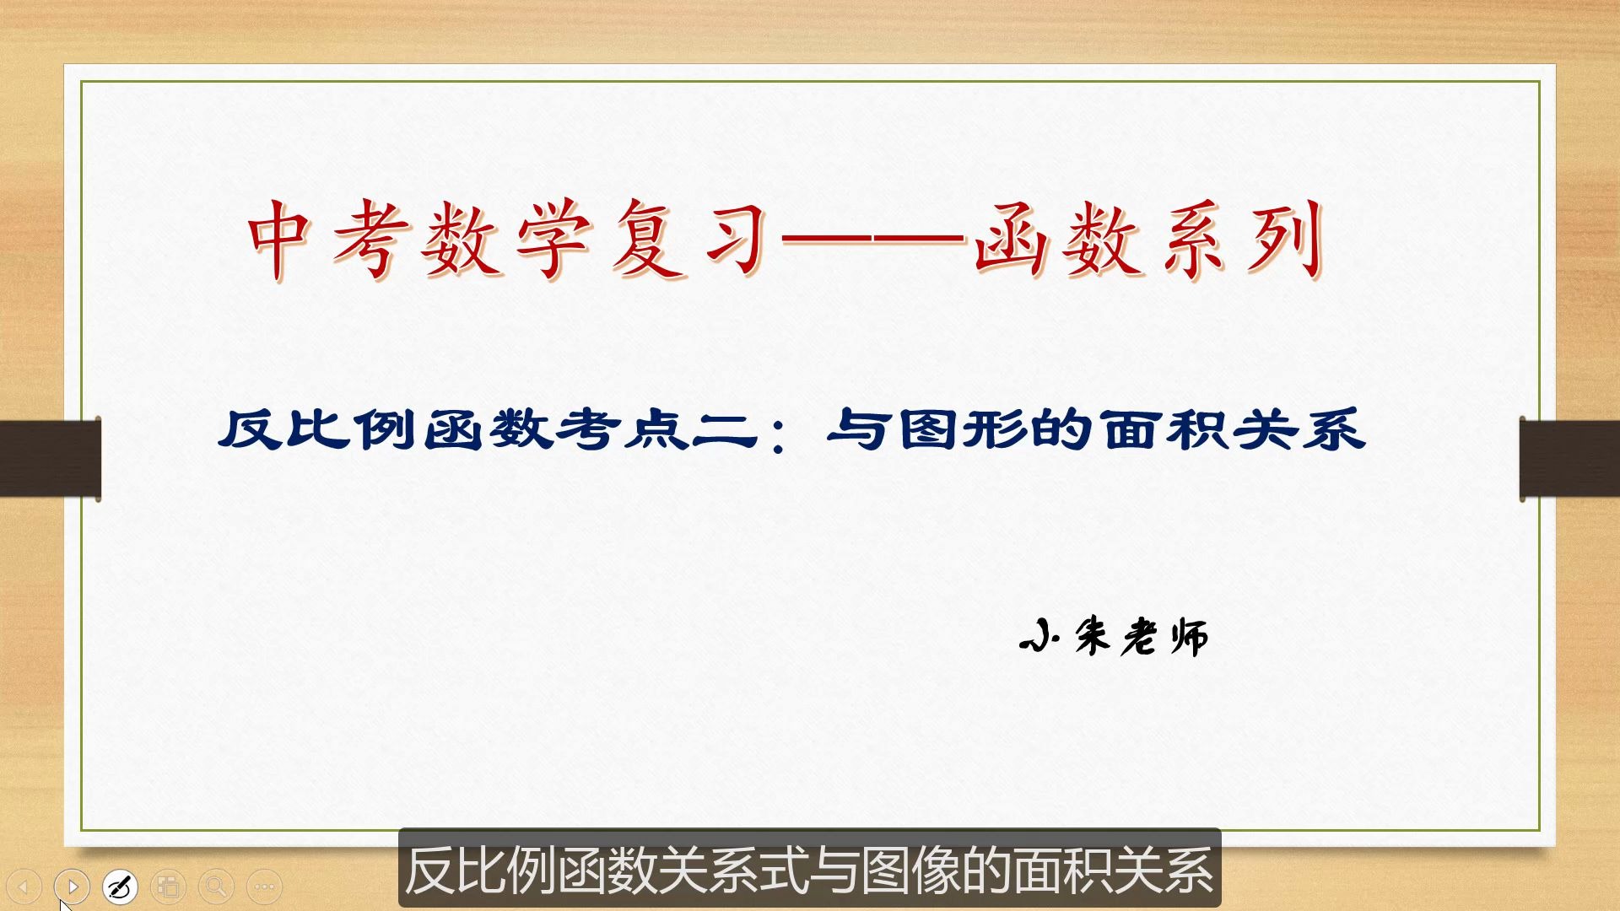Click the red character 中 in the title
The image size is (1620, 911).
tap(279, 240)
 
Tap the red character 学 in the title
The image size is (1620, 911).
tap(553, 240)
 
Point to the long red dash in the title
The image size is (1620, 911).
tap(873, 240)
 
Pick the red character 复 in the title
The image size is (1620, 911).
tap(645, 240)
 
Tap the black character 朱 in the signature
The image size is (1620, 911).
tap(1093, 636)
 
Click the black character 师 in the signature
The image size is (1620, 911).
tap(1189, 636)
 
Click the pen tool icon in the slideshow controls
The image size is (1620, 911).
tap(120, 887)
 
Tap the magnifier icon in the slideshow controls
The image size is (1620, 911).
tap(216, 887)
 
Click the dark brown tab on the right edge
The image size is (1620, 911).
tap(1569, 458)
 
